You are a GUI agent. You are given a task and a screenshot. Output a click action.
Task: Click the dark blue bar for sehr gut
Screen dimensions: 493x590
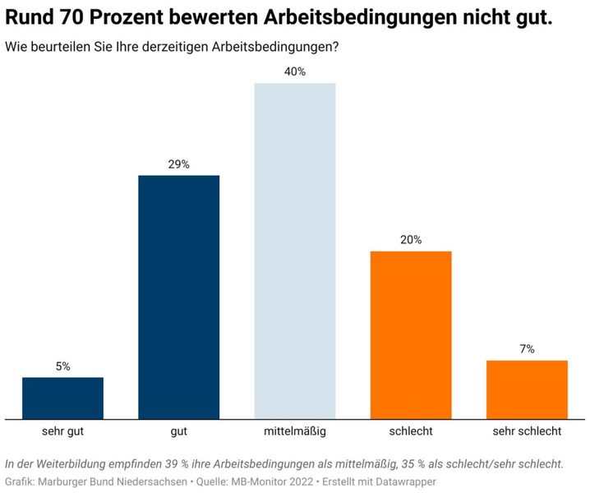(x=62, y=398)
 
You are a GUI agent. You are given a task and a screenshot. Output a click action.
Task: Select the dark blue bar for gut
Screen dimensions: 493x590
(x=178, y=297)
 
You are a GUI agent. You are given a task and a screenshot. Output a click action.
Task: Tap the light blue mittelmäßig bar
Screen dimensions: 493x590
(x=295, y=251)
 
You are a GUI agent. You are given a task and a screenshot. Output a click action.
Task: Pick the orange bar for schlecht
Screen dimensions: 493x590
(x=411, y=334)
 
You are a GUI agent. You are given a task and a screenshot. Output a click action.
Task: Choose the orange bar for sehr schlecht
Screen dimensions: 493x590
(x=527, y=389)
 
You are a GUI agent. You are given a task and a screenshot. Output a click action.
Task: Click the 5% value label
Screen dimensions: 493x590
(x=62, y=366)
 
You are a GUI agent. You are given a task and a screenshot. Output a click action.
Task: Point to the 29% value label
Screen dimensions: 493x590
(x=178, y=164)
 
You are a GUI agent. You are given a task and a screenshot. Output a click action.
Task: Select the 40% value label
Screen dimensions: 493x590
(x=295, y=71)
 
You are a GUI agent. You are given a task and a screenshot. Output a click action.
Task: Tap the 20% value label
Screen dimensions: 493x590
(x=411, y=240)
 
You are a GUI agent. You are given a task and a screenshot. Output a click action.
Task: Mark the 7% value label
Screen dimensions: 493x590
(x=527, y=349)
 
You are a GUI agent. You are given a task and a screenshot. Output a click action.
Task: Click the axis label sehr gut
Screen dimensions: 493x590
(x=62, y=431)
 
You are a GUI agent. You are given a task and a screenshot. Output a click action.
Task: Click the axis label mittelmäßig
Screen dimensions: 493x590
(x=295, y=431)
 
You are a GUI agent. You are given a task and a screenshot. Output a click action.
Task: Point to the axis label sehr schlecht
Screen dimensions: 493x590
(x=527, y=431)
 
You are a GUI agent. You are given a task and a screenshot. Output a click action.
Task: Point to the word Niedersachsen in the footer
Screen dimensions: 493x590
(x=151, y=481)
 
